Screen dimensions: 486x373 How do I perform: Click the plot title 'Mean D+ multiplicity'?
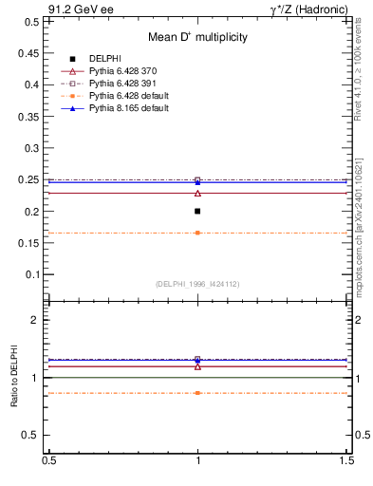click(197, 37)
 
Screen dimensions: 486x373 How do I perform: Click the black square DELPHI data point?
click(197, 211)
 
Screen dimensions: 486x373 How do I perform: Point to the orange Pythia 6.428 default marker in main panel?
click(197, 233)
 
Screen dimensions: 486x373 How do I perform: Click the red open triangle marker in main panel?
click(197, 194)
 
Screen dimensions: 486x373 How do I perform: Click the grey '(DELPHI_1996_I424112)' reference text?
click(197, 284)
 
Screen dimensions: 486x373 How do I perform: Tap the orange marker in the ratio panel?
click(197, 392)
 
